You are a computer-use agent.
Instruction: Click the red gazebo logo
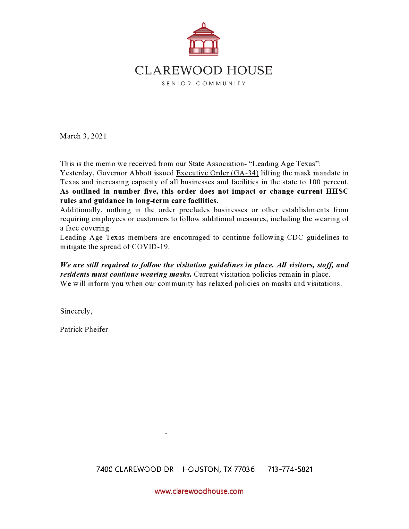tap(203, 39)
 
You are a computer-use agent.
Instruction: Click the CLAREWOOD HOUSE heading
tap(203, 71)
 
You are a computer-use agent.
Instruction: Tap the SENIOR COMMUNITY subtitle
tap(203, 84)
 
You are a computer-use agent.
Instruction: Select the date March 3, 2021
tap(83, 136)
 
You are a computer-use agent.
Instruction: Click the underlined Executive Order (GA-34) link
tap(217, 173)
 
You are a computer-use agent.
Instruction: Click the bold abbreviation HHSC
tap(337, 191)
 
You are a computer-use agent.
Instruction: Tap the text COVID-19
tap(150, 247)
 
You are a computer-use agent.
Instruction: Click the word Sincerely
tap(76, 311)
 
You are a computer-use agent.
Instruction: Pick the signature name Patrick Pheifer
tap(84, 330)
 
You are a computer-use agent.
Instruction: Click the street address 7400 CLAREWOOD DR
tap(135, 469)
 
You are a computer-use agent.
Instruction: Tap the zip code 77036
tap(244, 469)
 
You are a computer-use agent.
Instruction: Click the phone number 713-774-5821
tap(290, 469)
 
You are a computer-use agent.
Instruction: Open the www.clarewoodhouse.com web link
tap(199, 491)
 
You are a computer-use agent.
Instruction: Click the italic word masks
tap(180, 274)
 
